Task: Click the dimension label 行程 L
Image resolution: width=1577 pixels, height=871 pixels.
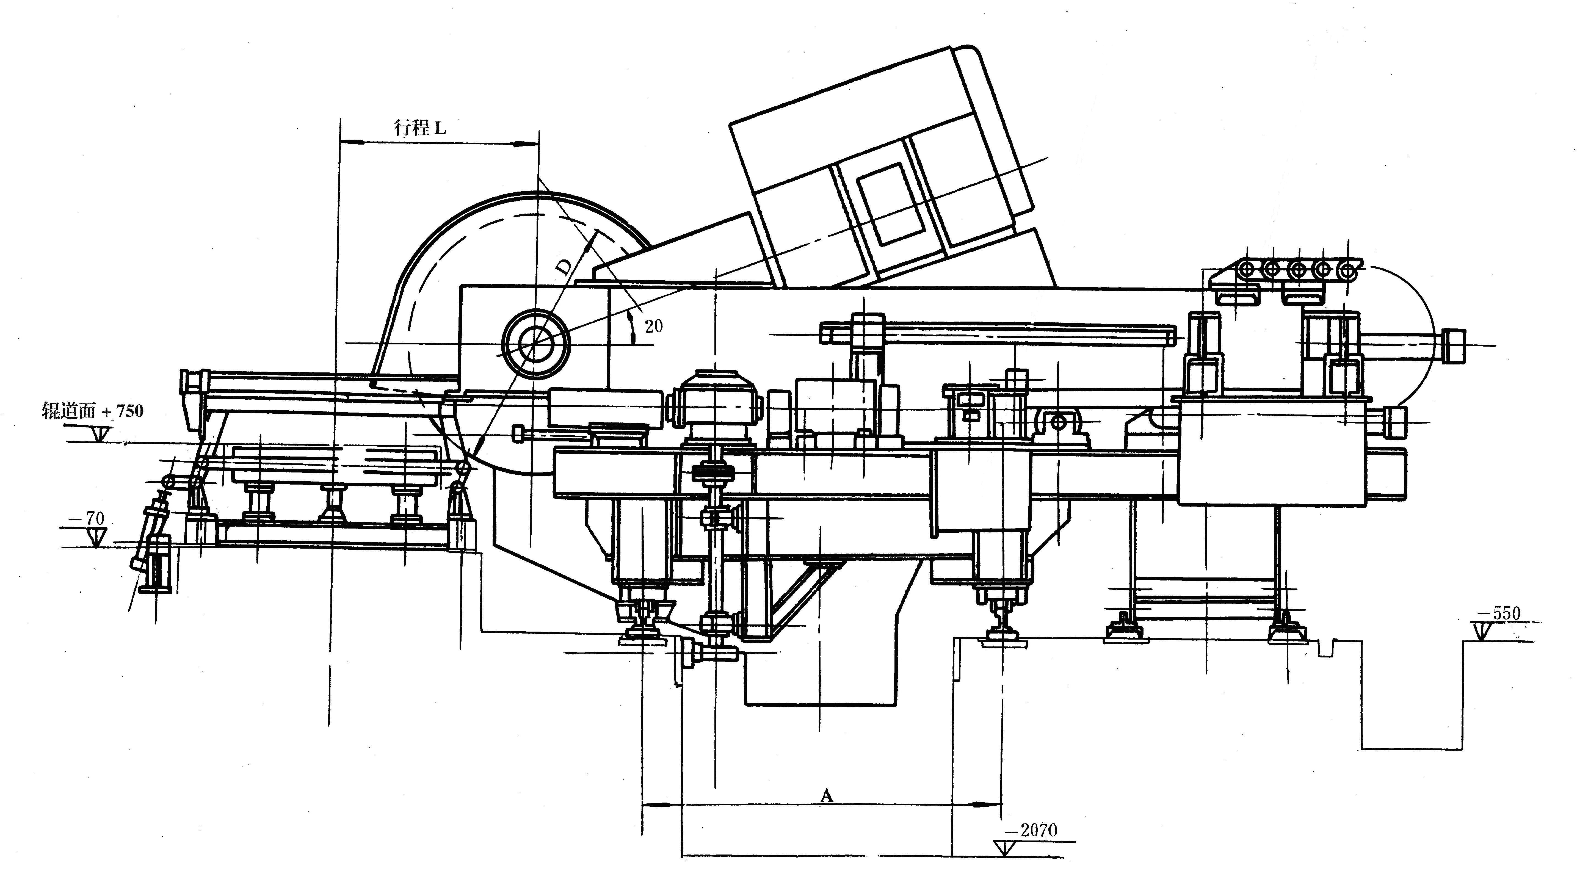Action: coord(420,128)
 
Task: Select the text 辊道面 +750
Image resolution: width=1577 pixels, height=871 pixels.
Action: coord(92,410)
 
